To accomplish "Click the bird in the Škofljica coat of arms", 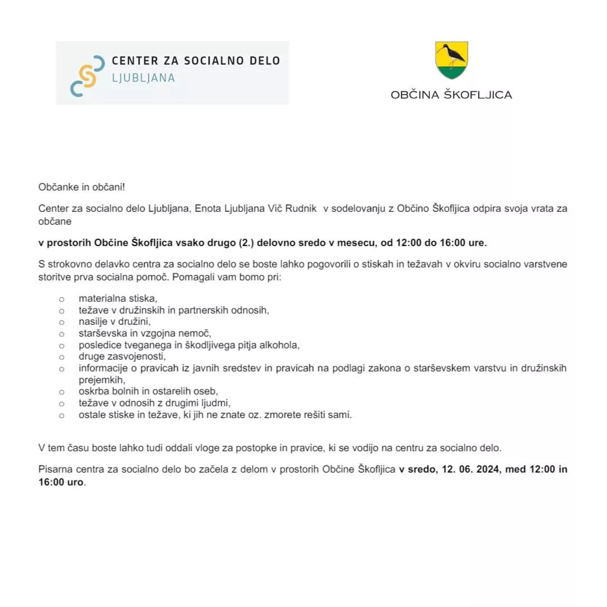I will click(x=452, y=54).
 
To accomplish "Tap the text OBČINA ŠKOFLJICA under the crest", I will click(x=451, y=94).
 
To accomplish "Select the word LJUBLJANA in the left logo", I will click(x=144, y=78).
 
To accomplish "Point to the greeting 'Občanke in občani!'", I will click(x=79, y=187).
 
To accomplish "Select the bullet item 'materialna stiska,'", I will click(x=118, y=299).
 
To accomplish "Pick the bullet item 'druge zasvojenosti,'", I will click(x=123, y=356).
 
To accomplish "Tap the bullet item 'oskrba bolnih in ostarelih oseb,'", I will click(x=148, y=391).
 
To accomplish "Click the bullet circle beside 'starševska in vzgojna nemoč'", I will click(x=62, y=334).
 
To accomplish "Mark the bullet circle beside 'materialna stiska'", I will click(x=62, y=300).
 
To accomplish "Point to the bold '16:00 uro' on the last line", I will click(x=61, y=482).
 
